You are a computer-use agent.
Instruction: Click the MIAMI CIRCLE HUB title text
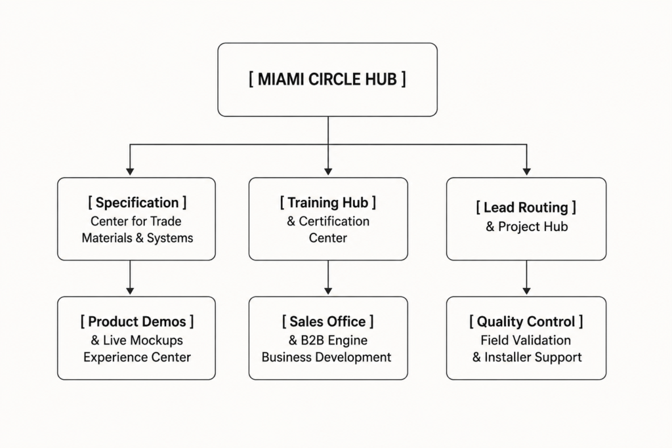[327, 79]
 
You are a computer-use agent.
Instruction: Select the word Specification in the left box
[137, 203]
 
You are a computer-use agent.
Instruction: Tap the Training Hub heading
[328, 203]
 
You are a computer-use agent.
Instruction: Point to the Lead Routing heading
[526, 207]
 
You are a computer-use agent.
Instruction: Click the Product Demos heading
[137, 321]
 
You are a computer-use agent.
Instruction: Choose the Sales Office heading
[328, 321]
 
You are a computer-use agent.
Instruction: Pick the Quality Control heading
[526, 321]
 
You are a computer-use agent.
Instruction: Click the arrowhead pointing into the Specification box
[130, 172]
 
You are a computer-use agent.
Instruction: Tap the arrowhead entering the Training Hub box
[328, 172]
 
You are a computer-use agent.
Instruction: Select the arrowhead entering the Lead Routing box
[527, 172]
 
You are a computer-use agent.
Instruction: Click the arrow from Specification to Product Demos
[130, 277]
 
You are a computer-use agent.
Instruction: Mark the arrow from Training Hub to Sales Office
[328, 277]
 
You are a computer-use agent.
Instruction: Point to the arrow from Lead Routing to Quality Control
[527, 277]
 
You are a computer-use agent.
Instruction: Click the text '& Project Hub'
[527, 226]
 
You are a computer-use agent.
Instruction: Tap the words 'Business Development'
[326, 357]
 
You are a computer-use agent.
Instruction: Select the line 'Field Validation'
[526, 340]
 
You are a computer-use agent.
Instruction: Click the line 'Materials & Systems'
[137, 238]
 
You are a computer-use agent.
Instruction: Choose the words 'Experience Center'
[137, 357]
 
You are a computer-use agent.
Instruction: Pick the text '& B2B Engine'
[328, 340]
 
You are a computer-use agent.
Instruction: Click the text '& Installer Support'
[527, 357]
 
